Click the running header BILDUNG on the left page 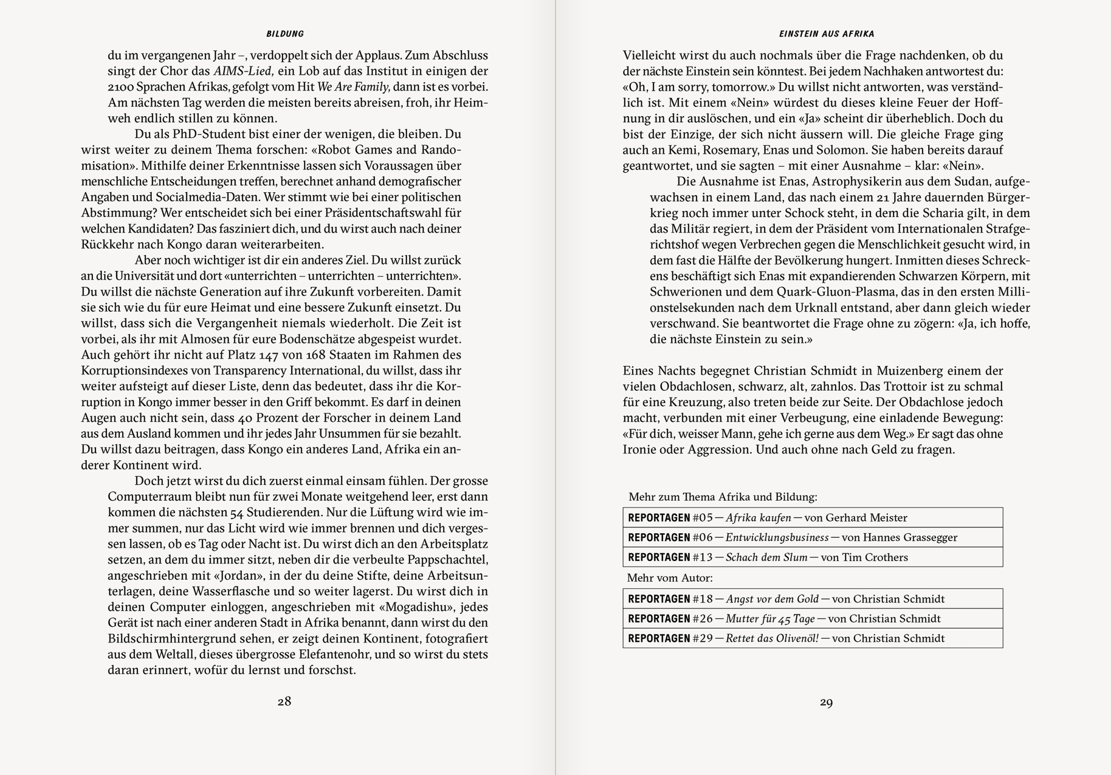click(285, 34)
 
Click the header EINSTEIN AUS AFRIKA click(827, 34)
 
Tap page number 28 click(284, 701)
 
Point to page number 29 click(826, 702)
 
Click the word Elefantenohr click(335, 654)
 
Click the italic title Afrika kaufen click(758, 518)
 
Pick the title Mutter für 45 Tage click(770, 619)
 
